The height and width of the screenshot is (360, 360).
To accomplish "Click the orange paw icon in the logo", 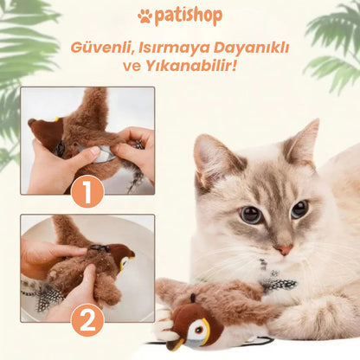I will pyautogui.click(x=145, y=16).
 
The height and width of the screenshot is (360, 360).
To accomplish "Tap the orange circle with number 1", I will pyautogui.click(x=87, y=190).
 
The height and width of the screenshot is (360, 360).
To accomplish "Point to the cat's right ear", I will pyautogui.click(x=302, y=140).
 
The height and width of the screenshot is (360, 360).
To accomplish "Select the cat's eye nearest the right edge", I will pyautogui.click(x=299, y=209).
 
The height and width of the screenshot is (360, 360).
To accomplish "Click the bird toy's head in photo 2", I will pyautogui.click(x=121, y=257).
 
